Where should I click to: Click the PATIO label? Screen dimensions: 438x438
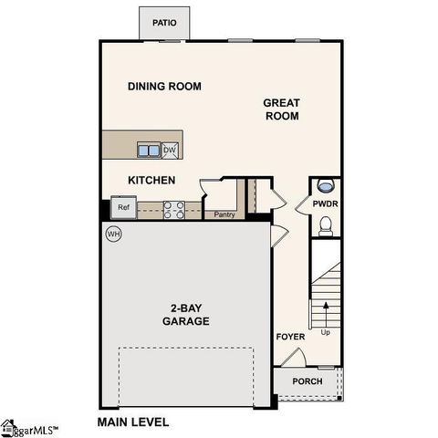(x=164, y=23)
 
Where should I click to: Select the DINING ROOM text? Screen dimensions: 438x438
(x=164, y=87)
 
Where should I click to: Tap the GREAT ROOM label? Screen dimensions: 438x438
(x=282, y=109)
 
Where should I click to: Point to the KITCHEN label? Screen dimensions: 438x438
(x=151, y=181)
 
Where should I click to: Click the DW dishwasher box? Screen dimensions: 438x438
(x=170, y=150)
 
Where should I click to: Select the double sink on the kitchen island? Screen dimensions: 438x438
(x=149, y=150)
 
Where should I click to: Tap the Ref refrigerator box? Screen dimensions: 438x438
(x=123, y=207)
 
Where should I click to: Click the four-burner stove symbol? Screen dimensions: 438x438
(x=174, y=209)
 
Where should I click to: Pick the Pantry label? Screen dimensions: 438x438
(x=224, y=215)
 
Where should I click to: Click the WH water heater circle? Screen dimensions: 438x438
(x=114, y=235)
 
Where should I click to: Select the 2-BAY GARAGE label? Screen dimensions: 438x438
(x=186, y=315)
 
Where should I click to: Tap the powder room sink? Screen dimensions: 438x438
(x=326, y=187)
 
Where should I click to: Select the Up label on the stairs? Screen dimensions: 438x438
(x=326, y=332)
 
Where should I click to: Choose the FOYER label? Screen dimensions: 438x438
(x=290, y=338)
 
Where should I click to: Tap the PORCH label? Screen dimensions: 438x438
(x=307, y=381)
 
